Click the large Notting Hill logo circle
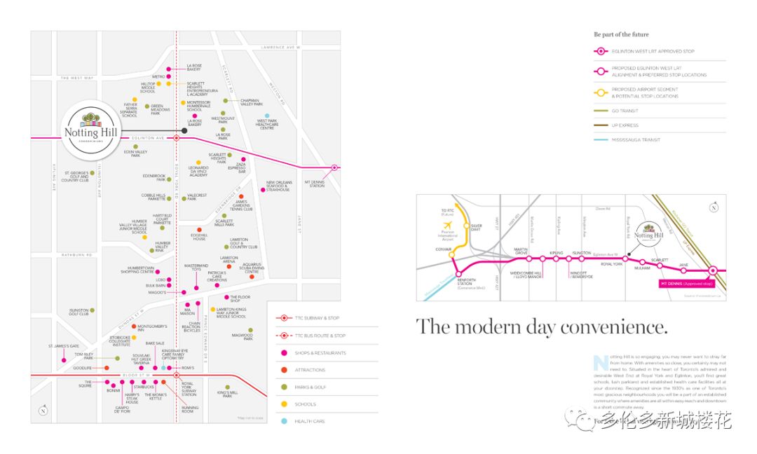click(88, 131)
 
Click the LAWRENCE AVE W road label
click(280, 47)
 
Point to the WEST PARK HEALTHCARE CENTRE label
click(267, 125)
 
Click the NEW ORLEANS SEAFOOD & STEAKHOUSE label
click(278, 186)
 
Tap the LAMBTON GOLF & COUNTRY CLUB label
click(243, 243)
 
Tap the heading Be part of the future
click(621, 34)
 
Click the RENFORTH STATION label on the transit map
click(467, 283)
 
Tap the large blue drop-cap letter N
click(599, 363)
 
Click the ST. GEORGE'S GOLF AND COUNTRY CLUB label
click(75, 176)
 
